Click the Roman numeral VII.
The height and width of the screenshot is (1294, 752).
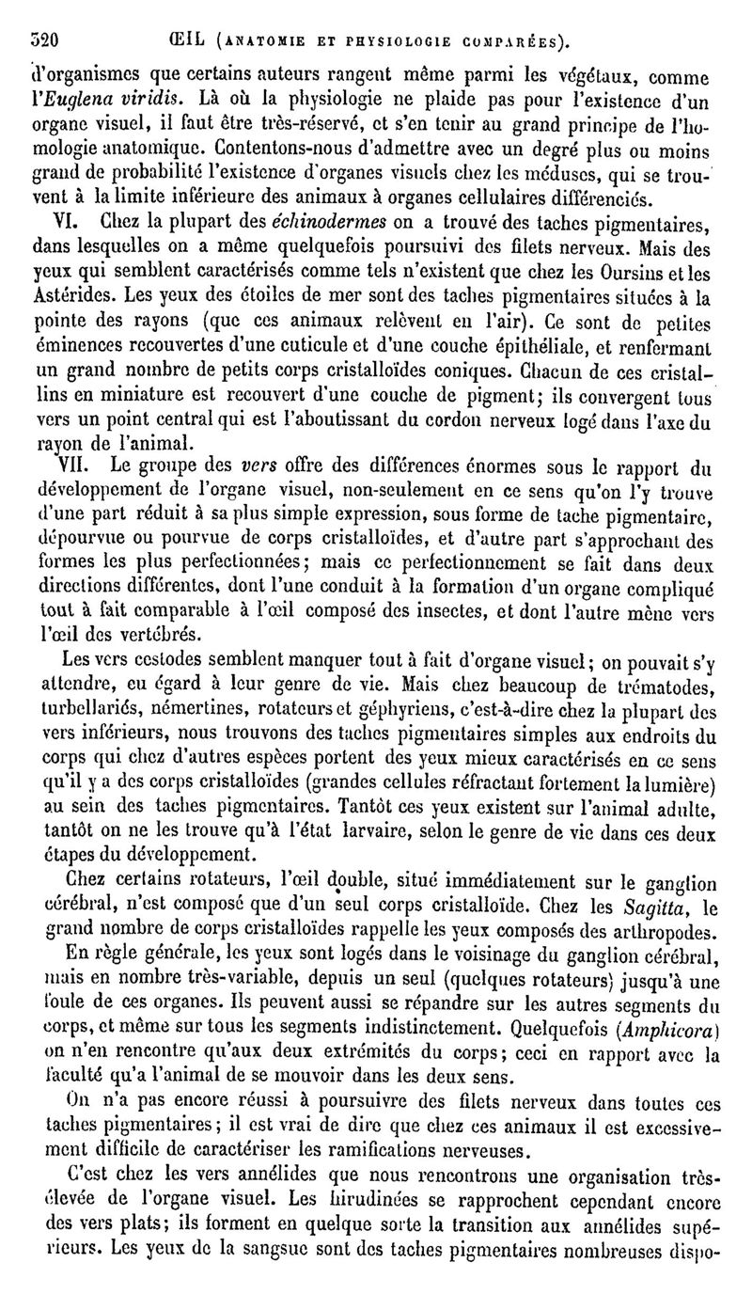(72, 465)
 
